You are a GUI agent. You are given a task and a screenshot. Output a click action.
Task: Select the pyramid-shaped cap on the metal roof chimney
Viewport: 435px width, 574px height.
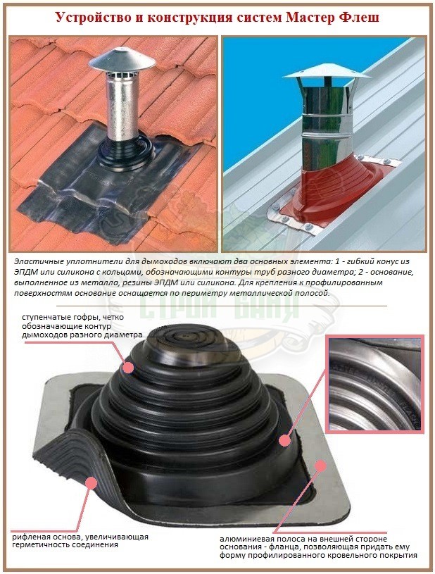[x=327, y=72]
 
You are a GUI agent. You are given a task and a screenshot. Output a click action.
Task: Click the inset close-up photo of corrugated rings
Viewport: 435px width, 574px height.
[x=375, y=384]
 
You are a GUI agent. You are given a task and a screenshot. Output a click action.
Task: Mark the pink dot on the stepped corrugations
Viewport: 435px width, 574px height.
[x=127, y=367]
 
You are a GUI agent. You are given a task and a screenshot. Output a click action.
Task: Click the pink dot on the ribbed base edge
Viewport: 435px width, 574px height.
[x=91, y=483]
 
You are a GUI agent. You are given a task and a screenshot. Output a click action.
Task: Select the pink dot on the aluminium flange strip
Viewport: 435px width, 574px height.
[x=320, y=466]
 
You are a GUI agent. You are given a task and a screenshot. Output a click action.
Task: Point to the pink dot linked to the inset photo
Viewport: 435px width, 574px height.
[x=284, y=440]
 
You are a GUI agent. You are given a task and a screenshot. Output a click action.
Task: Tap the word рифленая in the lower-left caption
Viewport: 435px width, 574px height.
[x=30, y=537]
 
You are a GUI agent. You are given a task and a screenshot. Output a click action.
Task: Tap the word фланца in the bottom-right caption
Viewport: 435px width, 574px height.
[x=281, y=547]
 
